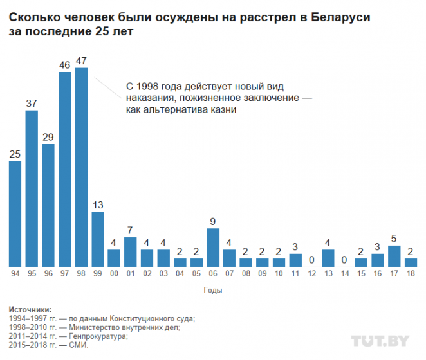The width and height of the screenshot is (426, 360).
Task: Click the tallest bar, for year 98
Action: tap(81, 167)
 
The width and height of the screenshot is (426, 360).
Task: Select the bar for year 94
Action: tap(15, 213)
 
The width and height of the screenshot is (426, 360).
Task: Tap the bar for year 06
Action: tap(213, 248)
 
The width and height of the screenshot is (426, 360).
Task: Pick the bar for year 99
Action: tap(98, 239)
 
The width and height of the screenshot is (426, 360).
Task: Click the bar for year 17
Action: tap(394, 256)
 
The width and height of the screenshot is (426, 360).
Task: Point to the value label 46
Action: tap(64, 66)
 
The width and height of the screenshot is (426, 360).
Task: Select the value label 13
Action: tap(98, 205)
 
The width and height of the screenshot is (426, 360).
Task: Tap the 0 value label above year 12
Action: tap(312, 260)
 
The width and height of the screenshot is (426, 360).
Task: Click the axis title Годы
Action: tap(213, 291)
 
